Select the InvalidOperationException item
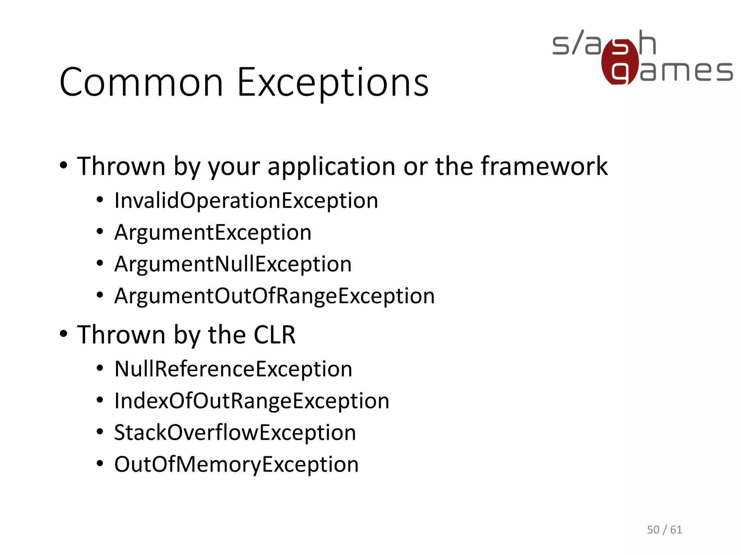click(x=246, y=201)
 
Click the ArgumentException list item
click(x=213, y=232)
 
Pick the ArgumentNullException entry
click(x=233, y=264)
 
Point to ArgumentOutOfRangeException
click(x=274, y=296)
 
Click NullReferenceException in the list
click(x=233, y=369)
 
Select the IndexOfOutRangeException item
click(x=252, y=401)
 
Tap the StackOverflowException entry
click(x=235, y=433)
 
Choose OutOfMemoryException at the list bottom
click(x=236, y=464)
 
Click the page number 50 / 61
click(x=664, y=530)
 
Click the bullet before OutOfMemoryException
click(x=100, y=464)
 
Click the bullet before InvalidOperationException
click(x=100, y=200)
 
